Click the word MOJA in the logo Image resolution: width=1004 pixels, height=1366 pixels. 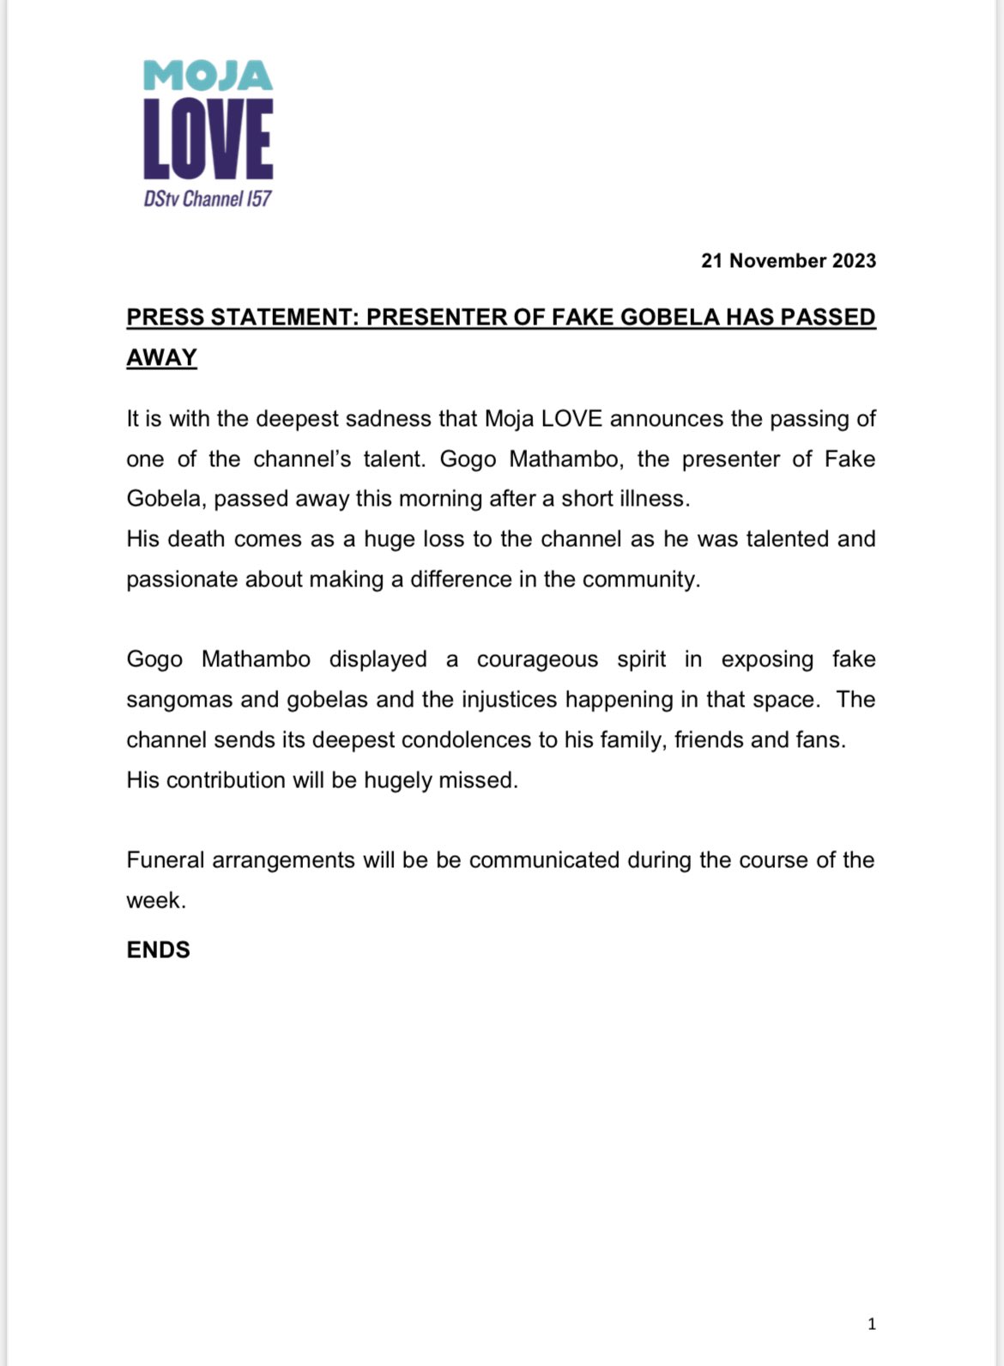pyautogui.click(x=208, y=76)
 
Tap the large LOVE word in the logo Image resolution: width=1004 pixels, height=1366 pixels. pyautogui.click(x=208, y=139)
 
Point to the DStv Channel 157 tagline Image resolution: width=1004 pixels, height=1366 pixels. pyautogui.click(x=208, y=199)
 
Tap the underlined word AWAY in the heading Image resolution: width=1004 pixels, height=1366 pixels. pyautogui.click(x=161, y=358)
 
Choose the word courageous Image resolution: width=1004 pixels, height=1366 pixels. pyautogui.click(x=537, y=659)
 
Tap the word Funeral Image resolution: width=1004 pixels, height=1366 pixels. pyautogui.click(x=165, y=860)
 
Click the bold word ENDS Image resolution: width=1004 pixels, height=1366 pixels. pyautogui.click(x=158, y=950)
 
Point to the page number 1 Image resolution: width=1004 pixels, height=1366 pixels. pyautogui.click(x=871, y=1324)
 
